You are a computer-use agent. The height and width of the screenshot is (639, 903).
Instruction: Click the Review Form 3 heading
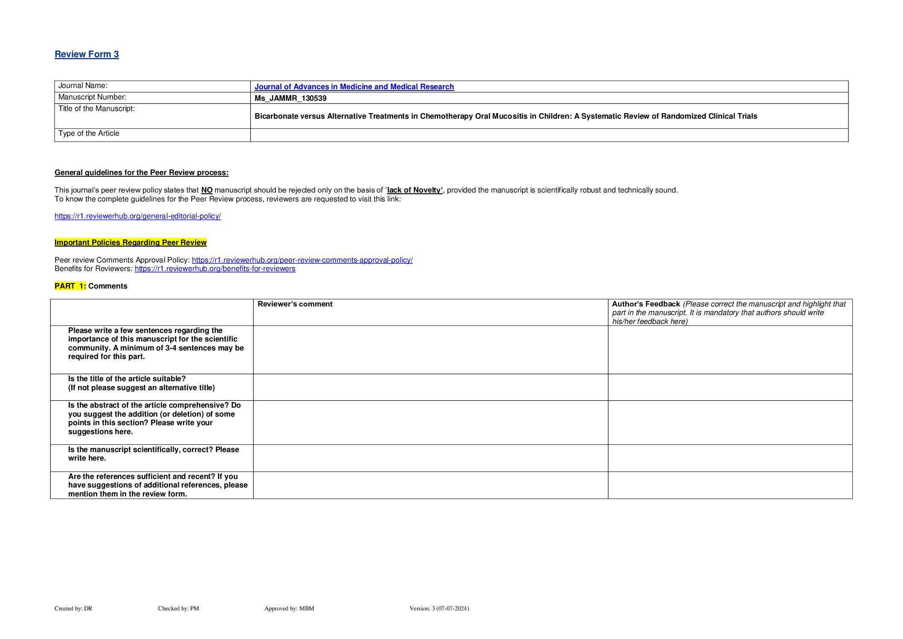pyautogui.click(x=87, y=54)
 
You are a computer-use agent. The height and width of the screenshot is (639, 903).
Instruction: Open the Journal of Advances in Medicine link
pyautogui.click(x=354, y=87)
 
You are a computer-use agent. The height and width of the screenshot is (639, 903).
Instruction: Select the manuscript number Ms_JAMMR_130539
pyautogui.click(x=290, y=98)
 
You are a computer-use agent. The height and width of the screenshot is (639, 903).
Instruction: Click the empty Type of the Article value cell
pyautogui.click(x=549, y=135)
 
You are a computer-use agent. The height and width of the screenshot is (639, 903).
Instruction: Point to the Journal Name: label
pyautogui.click(x=83, y=86)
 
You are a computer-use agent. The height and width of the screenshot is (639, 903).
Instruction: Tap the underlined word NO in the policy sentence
pyautogui.click(x=207, y=190)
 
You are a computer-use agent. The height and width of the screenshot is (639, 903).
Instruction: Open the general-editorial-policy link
pyautogui.click(x=138, y=216)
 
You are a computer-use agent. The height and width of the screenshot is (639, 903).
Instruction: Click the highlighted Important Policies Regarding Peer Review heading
pyautogui.click(x=131, y=242)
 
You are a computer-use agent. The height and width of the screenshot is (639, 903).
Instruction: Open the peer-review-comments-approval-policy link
pyautogui.click(x=302, y=260)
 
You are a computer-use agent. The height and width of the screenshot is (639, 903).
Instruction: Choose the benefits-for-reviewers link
pyautogui.click(x=215, y=268)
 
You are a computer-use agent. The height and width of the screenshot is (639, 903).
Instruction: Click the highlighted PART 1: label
pyautogui.click(x=70, y=286)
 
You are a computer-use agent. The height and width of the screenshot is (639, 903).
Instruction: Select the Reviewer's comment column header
pyautogui.click(x=295, y=304)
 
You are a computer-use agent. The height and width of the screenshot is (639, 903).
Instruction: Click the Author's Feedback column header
pyautogui.click(x=646, y=304)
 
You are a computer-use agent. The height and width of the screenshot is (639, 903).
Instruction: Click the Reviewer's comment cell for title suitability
pyautogui.click(x=430, y=387)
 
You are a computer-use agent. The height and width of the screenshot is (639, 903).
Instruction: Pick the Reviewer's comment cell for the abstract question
pyautogui.click(x=430, y=422)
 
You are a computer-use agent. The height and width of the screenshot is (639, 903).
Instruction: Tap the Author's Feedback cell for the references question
pyautogui.click(x=730, y=485)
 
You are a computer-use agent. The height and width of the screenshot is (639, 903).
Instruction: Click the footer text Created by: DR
pyautogui.click(x=73, y=608)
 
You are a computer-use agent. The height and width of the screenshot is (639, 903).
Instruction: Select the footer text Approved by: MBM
pyautogui.click(x=289, y=608)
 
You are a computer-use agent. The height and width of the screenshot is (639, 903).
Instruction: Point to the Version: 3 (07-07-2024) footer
pyautogui.click(x=439, y=608)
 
